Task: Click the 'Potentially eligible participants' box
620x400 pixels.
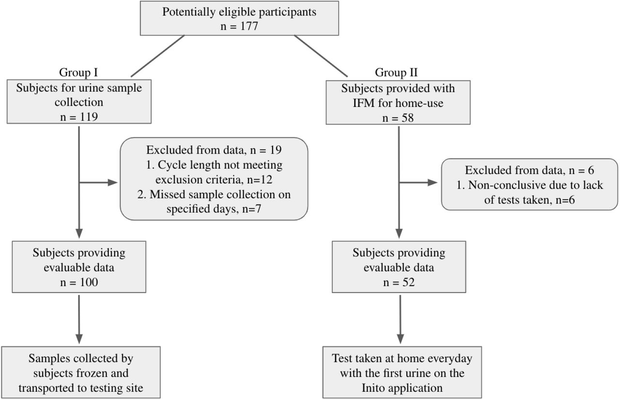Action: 239,18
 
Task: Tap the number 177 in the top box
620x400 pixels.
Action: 249,26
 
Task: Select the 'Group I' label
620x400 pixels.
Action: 78,73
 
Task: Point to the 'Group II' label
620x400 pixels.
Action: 396,73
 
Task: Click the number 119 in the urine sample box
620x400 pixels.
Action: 89,117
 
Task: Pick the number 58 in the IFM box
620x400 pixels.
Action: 407,118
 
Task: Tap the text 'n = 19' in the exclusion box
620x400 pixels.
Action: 266,150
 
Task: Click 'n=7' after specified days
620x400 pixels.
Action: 251,209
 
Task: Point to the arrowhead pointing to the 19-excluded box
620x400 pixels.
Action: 113,183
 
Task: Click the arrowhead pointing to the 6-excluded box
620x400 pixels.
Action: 433,183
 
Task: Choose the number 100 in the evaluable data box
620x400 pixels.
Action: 89,282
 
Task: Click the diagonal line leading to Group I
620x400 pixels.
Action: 157,56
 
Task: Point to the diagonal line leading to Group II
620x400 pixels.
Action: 321,56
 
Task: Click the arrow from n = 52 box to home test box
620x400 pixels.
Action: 400,320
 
